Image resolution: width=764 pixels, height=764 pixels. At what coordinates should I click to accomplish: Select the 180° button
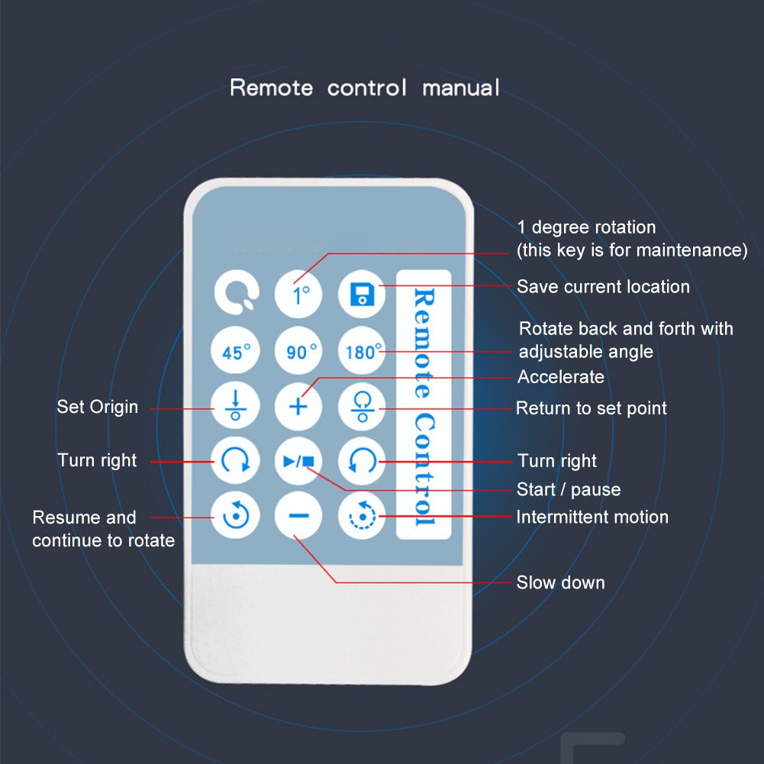click(362, 352)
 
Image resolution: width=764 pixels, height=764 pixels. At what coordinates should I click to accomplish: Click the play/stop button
click(298, 461)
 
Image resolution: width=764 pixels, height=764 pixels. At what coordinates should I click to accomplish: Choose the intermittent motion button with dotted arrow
click(362, 517)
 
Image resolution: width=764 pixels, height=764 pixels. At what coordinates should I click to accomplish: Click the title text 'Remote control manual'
click(365, 87)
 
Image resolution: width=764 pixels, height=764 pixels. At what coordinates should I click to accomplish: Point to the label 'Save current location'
click(603, 287)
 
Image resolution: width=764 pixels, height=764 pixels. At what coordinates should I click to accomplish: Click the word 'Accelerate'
click(561, 377)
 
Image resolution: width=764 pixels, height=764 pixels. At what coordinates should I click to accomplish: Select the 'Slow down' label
click(561, 583)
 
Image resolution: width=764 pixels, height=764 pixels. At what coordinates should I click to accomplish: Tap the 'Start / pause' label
click(569, 489)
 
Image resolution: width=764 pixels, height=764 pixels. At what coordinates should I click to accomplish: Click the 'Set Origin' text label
click(98, 407)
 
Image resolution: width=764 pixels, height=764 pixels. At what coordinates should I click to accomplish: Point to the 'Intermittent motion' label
click(592, 517)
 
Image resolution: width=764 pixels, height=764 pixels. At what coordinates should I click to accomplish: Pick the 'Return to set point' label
click(592, 408)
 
